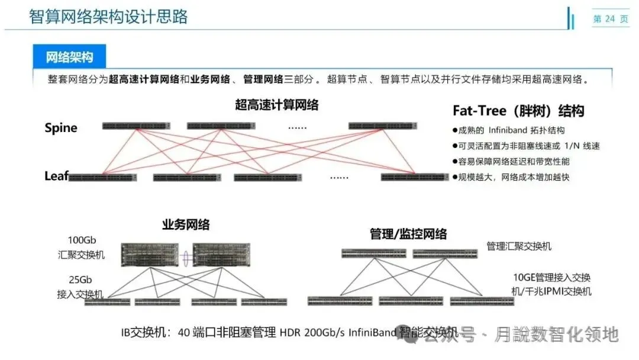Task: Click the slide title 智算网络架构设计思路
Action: pyautogui.click(x=108, y=17)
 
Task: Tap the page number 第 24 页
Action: pyautogui.click(x=610, y=19)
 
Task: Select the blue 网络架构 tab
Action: pyautogui.click(x=70, y=57)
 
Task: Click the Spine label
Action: pyautogui.click(x=61, y=128)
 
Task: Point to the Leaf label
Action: pyautogui.click(x=56, y=175)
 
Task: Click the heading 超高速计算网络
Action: pyautogui.click(x=276, y=105)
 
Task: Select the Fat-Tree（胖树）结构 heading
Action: pyautogui.click(x=518, y=111)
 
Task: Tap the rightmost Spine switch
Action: pyautogui.click(x=384, y=126)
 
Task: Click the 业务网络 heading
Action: pyautogui.click(x=186, y=225)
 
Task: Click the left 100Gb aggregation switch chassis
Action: pyautogui.click(x=150, y=255)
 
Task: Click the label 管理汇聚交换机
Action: pyautogui.click(x=519, y=246)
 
